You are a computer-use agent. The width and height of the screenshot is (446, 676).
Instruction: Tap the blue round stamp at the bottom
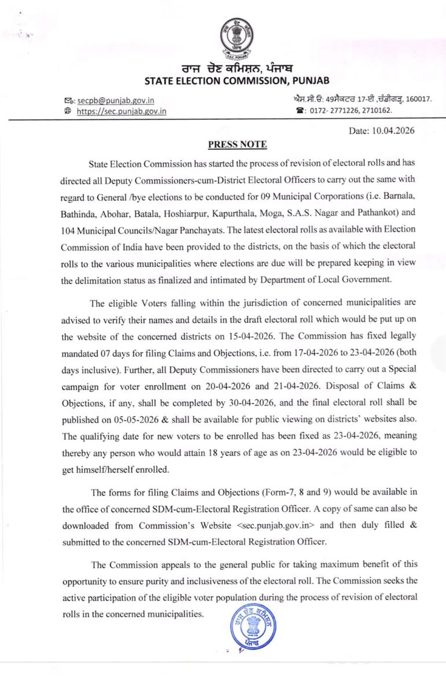click(x=253, y=628)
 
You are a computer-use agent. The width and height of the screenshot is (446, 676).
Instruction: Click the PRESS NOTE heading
click(x=237, y=145)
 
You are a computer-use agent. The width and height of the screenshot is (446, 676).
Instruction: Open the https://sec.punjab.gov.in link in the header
click(x=121, y=111)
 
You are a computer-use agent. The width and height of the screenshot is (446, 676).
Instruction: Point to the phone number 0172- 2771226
click(x=331, y=110)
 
